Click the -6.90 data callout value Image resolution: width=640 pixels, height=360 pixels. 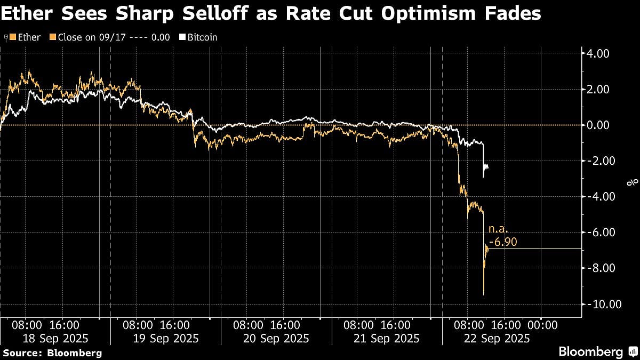pyautogui.click(x=503, y=243)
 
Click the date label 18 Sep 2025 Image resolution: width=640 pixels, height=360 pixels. pyautogui.click(x=55, y=339)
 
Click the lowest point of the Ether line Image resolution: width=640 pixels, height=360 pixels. pyautogui.click(x=483, y=294)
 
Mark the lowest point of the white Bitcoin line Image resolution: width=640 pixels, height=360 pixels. pyautogui.click(x=483, y=177)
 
